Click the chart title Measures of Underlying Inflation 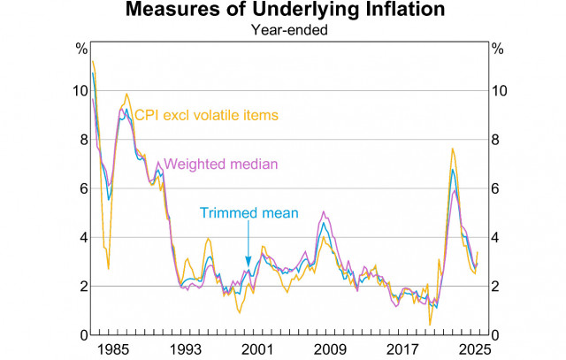[x=282, y=11]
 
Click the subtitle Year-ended [x=282, y=29]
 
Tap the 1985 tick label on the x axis [x=111, y=349]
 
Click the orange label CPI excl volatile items [x=205, y=115]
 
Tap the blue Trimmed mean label [x=249, y=213]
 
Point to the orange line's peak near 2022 [x=453, y=149]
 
